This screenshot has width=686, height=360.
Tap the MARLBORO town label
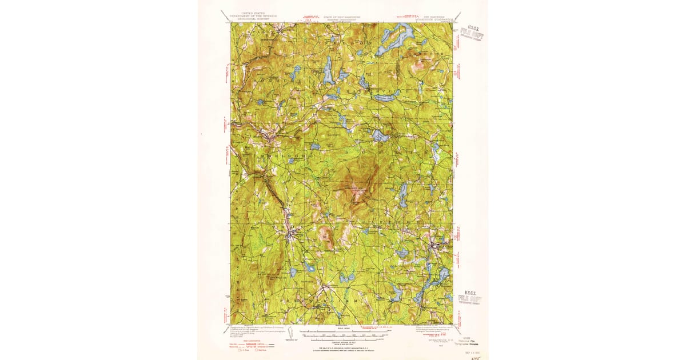click(x=280, y=155)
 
